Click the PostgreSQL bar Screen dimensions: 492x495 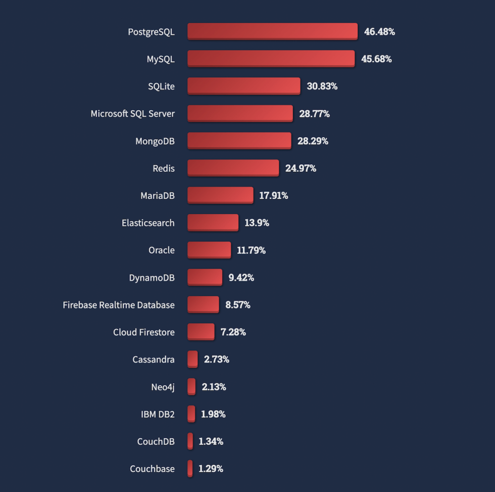pyautogui.click(x=272, y=31)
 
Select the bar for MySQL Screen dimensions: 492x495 pyautogui.click(x=271, y=59)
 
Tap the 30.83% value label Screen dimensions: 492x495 pyautogui.click(x=322, y=86)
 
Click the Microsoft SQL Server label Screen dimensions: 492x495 pyautogui.click(x=132, y=113)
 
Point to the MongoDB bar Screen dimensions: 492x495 pyautogui.click(x=239, y=141)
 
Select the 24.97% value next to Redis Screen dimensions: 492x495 pyautogui.click(x=301, y=168)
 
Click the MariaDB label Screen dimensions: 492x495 pyautogui.click(x=158, y=195)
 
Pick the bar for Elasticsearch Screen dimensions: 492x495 pyautogui.click(x=213, y=222)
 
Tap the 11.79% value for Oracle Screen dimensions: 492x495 pyautogui.click(x=251, y=250)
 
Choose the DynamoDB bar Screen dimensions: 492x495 pyautogui.click(x=205, y=277)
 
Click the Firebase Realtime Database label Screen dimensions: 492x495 pyautogui.click(x=119, y=305)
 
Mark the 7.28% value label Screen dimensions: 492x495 pyautogui.click(x=233, y=332)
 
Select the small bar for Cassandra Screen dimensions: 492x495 pyautogui.click(x=192, y=360)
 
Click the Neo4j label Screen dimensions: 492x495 pyautogui.click(x=163, y=387)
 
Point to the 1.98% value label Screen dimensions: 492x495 pyautogui.click(x=213, y=414)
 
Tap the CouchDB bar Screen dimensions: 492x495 pyautogui.click(x=190, y=441)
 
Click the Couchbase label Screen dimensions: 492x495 pyautogui.click(x=152, y=469)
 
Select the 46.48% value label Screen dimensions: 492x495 pyautogui.click(x=379, y=31)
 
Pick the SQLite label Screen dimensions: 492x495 pyautogui.click(x=161, y=86)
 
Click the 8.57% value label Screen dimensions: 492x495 pyautogui.click(x=237, y=305)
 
